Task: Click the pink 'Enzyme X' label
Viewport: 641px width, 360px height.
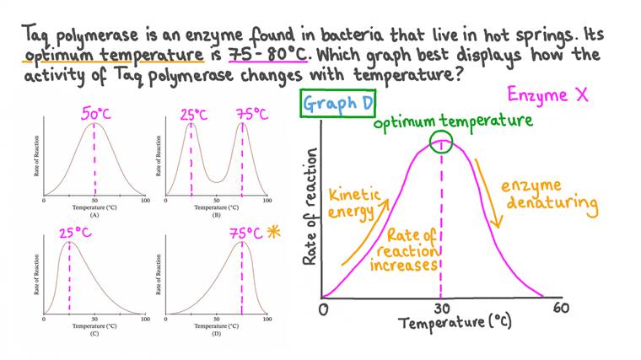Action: [547, 94]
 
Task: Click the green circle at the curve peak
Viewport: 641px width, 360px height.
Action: [441, 142]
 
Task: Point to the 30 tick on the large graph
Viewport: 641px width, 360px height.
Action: [440, 308]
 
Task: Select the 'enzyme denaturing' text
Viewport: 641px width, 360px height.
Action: [549, 195]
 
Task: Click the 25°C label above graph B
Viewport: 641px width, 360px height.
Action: [193, 113]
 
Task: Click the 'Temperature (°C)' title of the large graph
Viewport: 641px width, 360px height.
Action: [455, 322]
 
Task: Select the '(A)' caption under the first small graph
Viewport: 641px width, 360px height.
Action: [94, 215]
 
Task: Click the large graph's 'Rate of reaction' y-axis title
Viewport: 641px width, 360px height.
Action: [310, 207]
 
